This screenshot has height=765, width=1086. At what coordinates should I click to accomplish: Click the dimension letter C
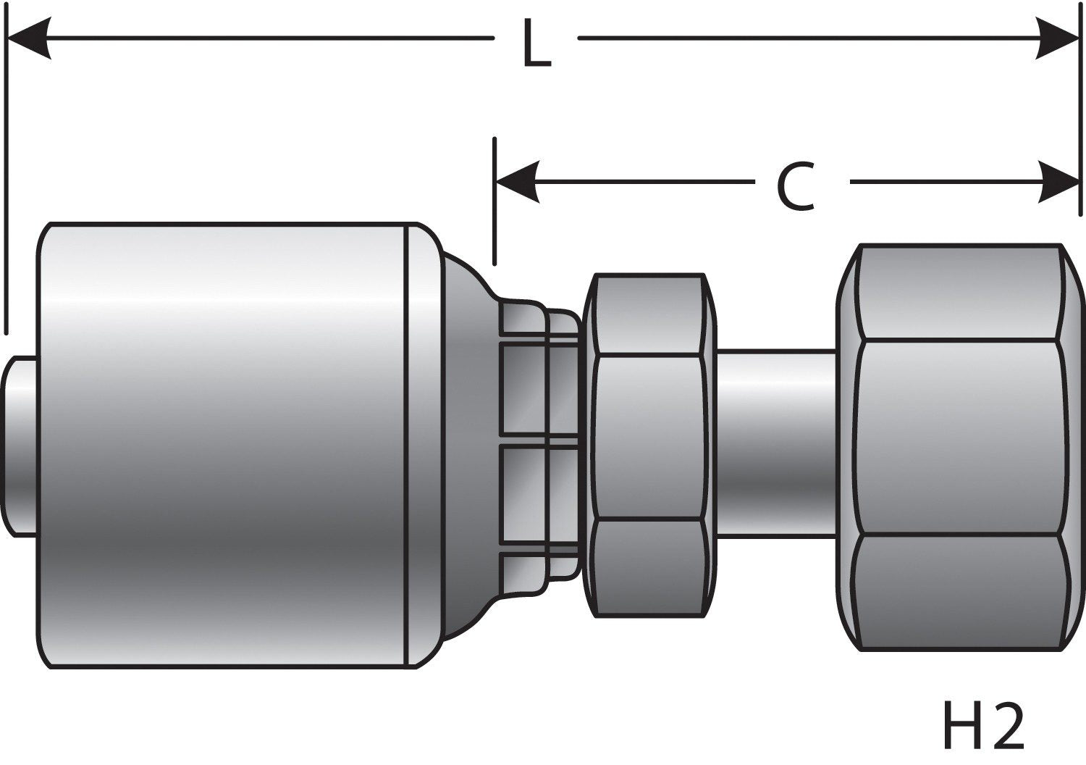(796, 188)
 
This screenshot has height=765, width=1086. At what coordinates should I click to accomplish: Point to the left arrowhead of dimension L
(29, 38)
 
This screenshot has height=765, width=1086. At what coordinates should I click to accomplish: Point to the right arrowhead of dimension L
(1058, 38)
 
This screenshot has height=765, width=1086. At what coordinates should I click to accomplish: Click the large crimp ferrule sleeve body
(224, 445)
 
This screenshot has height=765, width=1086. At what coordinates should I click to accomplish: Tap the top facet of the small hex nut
(648, 316)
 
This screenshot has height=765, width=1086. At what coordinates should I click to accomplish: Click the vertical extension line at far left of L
(6, 181)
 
